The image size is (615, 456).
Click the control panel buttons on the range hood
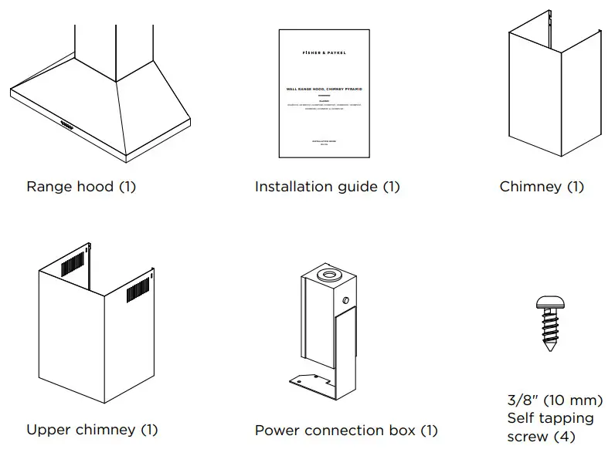64,121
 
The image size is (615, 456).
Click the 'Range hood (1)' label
80,187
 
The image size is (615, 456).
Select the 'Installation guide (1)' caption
327,187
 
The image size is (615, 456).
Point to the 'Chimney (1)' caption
542,187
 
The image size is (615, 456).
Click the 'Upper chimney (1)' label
91,430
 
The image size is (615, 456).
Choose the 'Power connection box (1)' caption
346,431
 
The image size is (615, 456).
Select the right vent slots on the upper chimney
137,289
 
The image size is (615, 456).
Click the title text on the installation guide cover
324,90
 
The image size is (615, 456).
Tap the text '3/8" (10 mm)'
555,400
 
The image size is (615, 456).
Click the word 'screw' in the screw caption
527,437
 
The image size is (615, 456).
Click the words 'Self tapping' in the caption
550,418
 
